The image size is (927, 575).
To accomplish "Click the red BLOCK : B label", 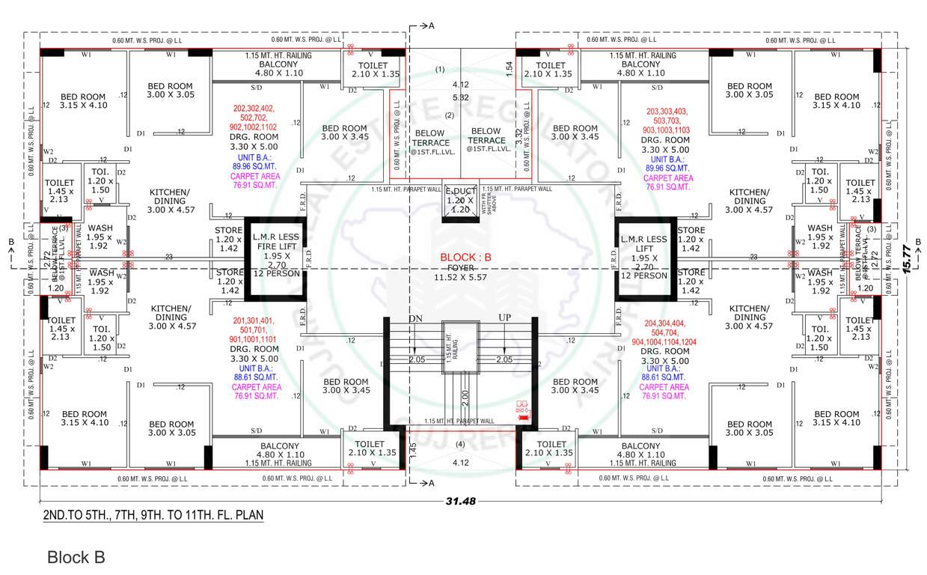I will [x=465, y=257].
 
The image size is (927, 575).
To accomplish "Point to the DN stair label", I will [x=415, y=319].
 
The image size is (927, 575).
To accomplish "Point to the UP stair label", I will [x=505, y=319].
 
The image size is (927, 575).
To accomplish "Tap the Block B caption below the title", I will [x=76, y=557].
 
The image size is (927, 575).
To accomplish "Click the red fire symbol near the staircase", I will [x=522, y=408].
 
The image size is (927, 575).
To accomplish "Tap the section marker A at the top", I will [x=431, y=25].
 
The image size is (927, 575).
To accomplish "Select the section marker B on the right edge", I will [x=917, y=241].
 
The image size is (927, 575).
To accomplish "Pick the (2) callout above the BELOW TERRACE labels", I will [x=450, y=115].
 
